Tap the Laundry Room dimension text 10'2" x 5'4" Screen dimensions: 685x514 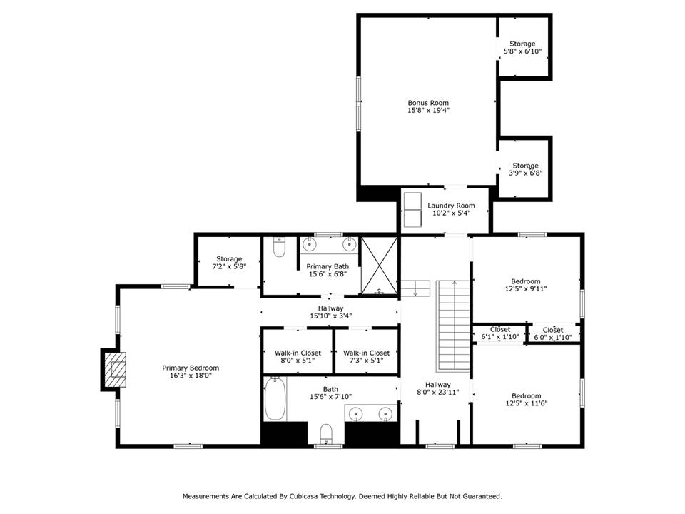tap(451, 213)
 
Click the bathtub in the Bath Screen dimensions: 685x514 tap(275, 399)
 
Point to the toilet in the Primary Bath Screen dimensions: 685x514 tap(279, 247)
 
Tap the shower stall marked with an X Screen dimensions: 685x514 tap(380, 266)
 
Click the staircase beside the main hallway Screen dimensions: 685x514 tap(454, 326)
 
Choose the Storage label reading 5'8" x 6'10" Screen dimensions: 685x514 tap(522, 48)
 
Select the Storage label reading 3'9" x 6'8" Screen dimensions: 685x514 tap(526, 170)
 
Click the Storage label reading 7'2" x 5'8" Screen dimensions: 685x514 tap(229, 263)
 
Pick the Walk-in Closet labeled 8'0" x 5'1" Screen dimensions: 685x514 tap(298, 357)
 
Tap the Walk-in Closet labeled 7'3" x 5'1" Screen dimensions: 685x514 tap(366, 357)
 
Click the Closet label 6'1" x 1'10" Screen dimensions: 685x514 tap(500, 333)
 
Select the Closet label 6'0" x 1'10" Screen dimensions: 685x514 tap(552, 333)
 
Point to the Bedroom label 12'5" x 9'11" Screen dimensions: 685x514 tap(526, 285)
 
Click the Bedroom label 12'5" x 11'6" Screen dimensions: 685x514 tap(527, 400)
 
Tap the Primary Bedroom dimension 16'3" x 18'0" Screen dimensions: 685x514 tap(191, 376)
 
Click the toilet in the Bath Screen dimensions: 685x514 tap(326, 433)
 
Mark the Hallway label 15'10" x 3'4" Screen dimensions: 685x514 tap(330, 312)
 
